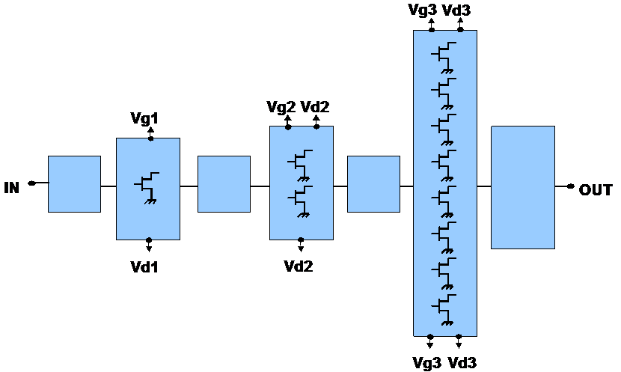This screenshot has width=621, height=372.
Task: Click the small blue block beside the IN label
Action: point(74,184)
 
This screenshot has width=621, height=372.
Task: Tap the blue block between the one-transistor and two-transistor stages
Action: point(224,184)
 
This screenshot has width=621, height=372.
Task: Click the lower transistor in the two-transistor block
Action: point(301,198)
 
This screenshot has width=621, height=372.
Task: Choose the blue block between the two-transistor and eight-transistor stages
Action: point(373,184)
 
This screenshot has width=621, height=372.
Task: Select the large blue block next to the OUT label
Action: point(522,187)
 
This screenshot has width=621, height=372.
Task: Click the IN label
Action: point(11,187)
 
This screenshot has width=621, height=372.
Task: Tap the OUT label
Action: point(595,190)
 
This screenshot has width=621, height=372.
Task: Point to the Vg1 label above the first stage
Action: point(143,119)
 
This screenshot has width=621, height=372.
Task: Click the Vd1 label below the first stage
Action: point(143,266)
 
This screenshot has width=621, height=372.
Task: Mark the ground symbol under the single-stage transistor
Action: point(150,201)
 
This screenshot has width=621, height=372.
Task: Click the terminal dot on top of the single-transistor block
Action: point(150,138)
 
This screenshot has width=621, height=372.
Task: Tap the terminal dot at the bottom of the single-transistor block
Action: point(149,240)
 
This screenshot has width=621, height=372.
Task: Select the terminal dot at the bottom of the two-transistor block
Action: point(301,240)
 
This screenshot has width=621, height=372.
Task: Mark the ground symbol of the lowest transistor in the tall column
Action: point(448,323)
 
